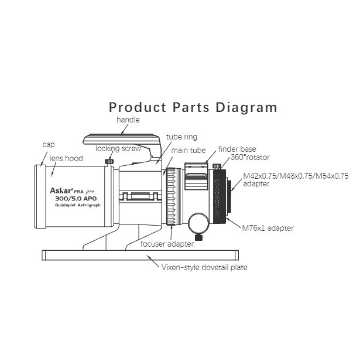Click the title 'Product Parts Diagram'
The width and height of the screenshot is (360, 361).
[193, 108]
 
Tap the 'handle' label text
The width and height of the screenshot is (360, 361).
[128, 120]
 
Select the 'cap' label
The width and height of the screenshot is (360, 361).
[49, 144]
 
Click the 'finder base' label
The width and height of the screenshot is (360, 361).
[236, 149]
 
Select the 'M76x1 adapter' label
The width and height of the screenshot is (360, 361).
[268, 228]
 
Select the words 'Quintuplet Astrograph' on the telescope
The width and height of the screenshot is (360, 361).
[71, 206]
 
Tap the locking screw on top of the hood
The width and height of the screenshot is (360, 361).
[108, 161]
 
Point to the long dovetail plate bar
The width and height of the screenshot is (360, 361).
[140, 254]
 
